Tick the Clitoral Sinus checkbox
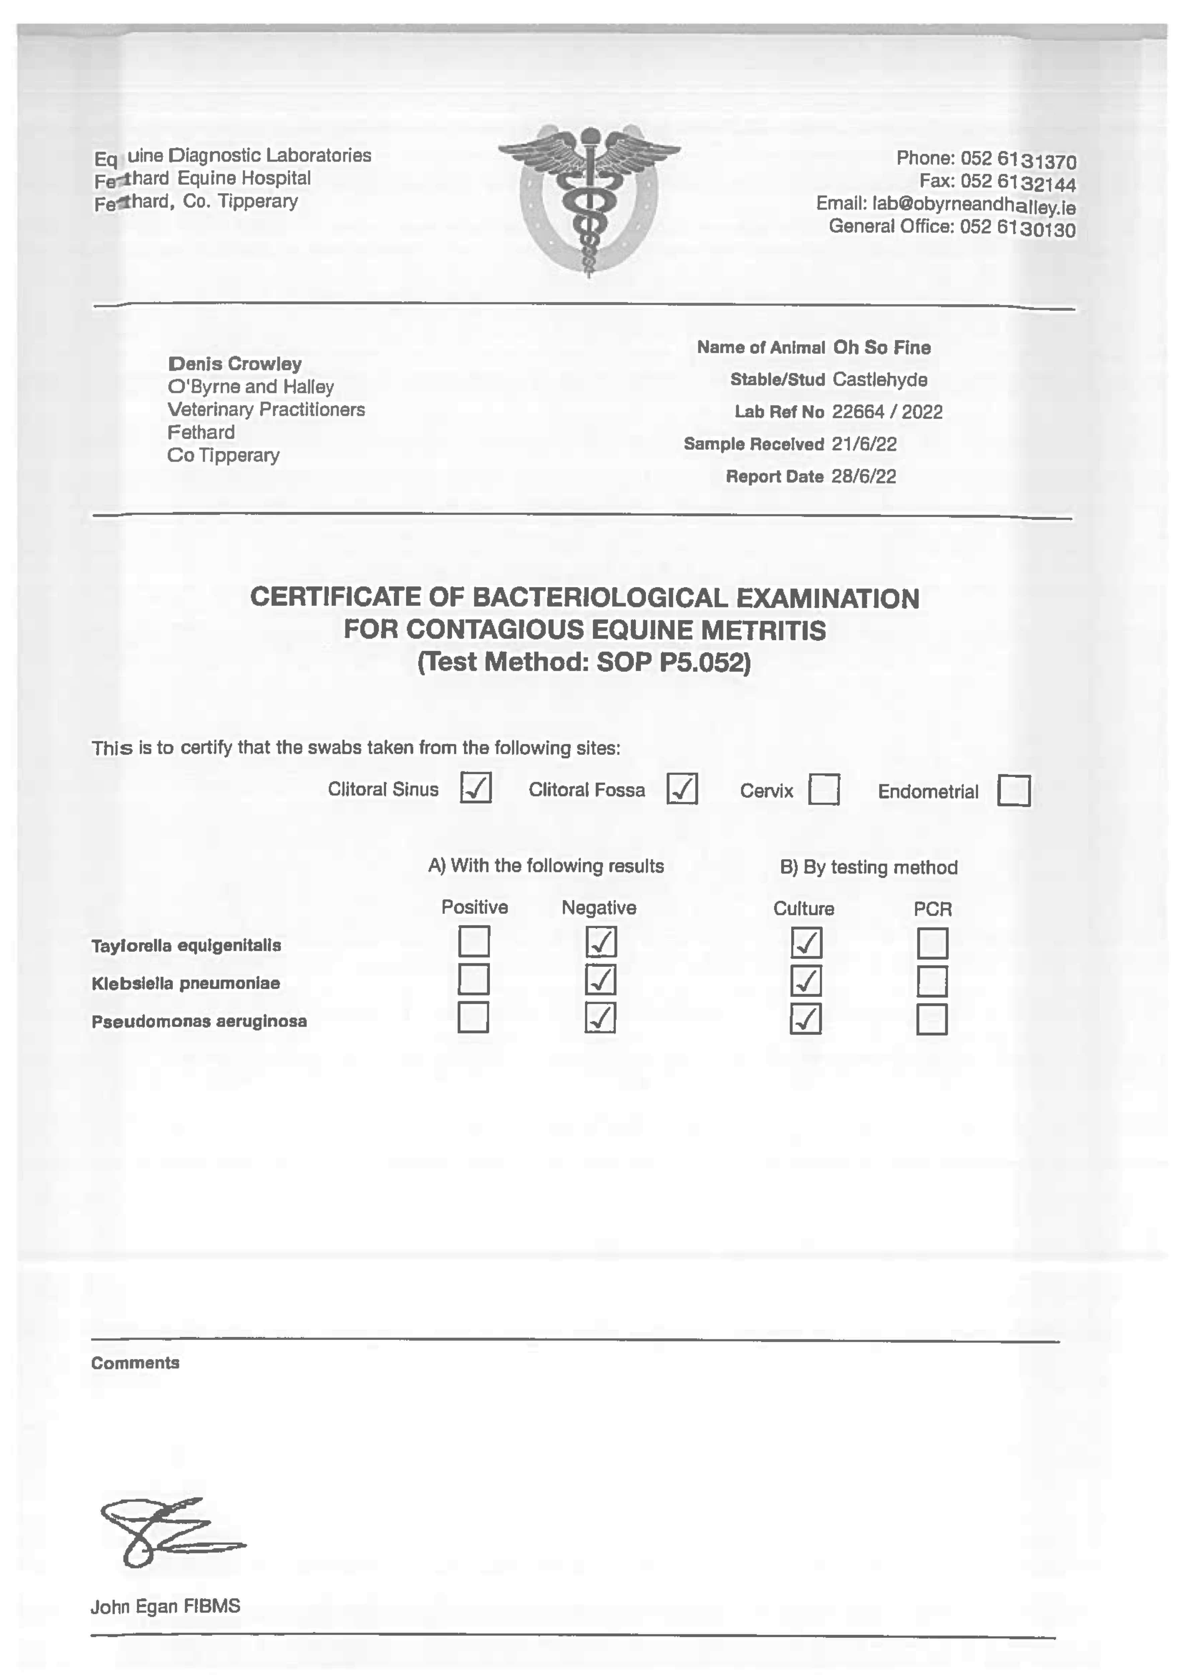[476, 788]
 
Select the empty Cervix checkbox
[824, 790]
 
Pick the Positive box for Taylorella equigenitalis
[473, 941]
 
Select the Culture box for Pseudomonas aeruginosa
[806, 1019]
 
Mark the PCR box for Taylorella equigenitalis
[933, 943]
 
